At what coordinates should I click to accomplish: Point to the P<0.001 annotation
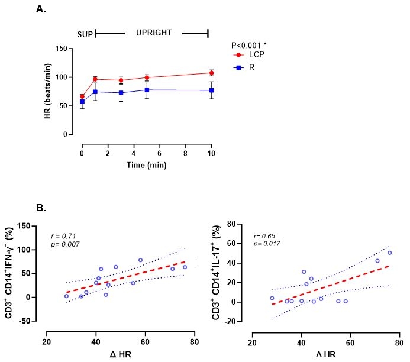251,44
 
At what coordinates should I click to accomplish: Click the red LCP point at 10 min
211,73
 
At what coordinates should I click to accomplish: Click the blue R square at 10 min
211,90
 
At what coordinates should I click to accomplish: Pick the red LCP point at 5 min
147,77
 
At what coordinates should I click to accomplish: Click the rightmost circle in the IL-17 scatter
389,253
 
